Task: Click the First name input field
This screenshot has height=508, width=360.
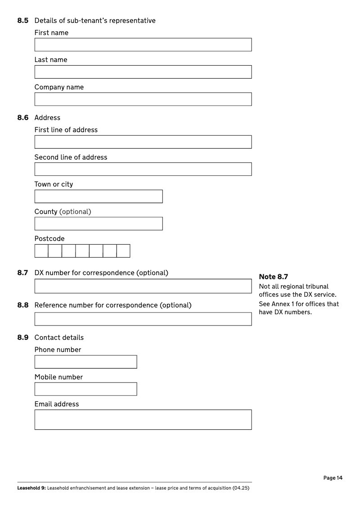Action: click(143, 45)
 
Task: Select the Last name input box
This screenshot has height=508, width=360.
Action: click(143, 72)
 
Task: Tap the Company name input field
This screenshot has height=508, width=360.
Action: click(143, 99)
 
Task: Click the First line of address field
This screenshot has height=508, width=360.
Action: click(143, 142)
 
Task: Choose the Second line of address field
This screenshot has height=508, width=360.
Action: click(143, 169)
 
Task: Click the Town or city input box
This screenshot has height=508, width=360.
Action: click(99, 196)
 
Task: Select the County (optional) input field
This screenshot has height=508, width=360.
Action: click(99, 224)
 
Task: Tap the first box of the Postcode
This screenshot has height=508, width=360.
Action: click(41, 251)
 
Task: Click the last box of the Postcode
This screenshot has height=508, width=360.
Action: click(123, 251)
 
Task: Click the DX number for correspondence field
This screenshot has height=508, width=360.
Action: click(143, 286)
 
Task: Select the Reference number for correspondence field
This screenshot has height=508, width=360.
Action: click(143, 319)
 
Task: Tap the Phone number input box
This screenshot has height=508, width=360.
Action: click(85, 362)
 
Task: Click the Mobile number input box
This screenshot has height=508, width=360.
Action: click(85, 389)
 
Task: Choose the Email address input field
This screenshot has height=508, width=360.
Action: click(143, 419)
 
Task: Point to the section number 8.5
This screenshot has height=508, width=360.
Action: click(23, 21)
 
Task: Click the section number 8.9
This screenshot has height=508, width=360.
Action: click(23, 338)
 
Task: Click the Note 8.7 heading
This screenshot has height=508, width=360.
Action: click(273, 277)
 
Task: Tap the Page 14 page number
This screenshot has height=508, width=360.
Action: click(333, 478)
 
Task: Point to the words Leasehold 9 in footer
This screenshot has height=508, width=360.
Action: click(31, 488)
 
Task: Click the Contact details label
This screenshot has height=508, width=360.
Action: click(59, 338)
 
